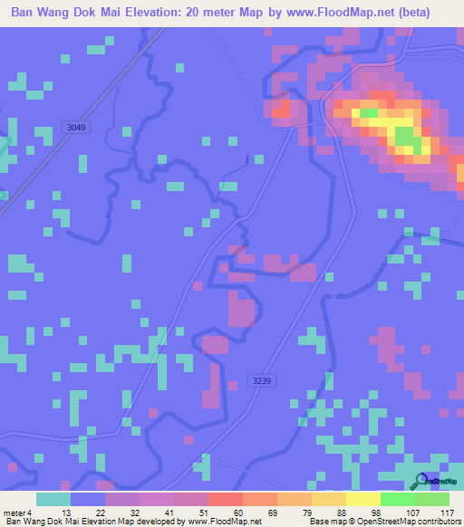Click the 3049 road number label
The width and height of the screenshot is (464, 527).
tap(76, 128)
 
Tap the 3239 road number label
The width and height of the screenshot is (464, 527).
tap(262, 381)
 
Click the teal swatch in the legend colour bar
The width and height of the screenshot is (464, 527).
tap(53, 499)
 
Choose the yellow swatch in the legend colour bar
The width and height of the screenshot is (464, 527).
tap(363, 499)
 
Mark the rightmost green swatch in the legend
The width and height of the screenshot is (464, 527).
tap(432, 499)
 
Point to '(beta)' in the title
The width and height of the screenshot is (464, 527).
tap(413, 14)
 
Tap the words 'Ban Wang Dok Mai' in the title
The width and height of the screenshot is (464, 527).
tap(64, 14)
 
